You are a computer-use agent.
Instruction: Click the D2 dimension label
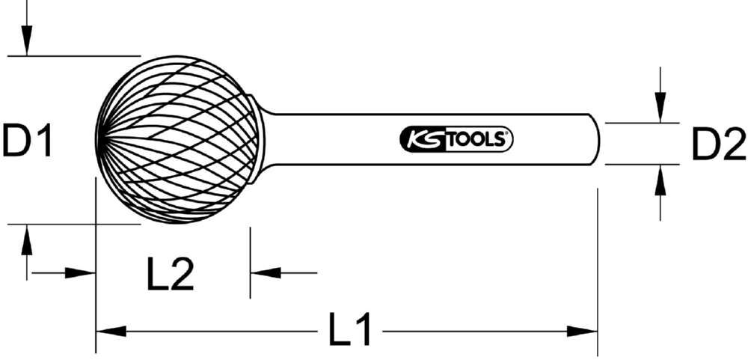[x=718, y=144]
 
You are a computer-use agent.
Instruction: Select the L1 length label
[x=351, y=330]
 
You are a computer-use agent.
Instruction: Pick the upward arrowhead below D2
[x=659, y=180]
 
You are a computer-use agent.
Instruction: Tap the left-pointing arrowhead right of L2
[x=264, y=273]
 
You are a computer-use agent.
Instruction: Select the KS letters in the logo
[x=423, y=138]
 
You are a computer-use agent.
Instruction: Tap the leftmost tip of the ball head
[x=98, y=139]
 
